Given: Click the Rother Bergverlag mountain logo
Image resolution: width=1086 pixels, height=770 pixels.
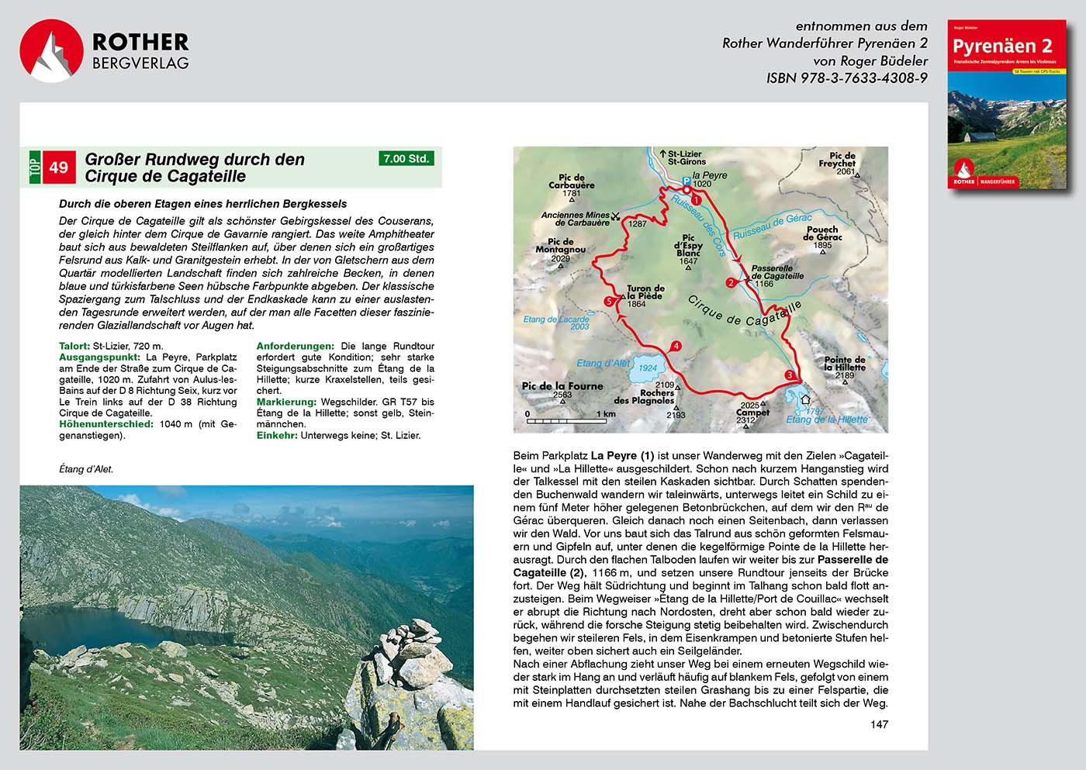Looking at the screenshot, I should tap(51, 51).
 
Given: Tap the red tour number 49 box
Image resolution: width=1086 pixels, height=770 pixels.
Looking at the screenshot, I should tap(59, 167).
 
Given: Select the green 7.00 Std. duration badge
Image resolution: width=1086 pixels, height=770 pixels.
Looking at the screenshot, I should tap(406, 158).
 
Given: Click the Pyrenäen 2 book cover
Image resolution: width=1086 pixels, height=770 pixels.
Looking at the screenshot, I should tap(1007, 104).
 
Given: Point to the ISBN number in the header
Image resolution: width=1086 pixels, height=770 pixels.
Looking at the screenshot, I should tap(846, 78).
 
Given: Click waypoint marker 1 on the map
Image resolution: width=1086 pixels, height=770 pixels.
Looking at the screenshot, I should tap(696, 199).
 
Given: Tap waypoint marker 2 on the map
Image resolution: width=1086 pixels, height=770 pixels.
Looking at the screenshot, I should tap(731, 283).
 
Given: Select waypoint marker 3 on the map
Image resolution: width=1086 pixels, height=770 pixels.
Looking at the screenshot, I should tap(790, 376).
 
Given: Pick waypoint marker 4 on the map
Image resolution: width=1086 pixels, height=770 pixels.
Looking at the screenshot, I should tap(676, 347).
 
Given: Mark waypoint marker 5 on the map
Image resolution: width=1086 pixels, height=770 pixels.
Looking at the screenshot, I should tap(609, 302).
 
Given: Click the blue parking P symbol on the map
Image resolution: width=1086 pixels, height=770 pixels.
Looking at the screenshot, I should tap(686, 181).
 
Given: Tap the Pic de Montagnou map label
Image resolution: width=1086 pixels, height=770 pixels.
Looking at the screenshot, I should tap(560, 246).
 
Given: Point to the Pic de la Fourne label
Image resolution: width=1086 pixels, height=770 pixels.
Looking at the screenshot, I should tap(562, 386).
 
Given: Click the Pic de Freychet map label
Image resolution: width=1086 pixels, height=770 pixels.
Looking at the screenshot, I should tap(839, 161).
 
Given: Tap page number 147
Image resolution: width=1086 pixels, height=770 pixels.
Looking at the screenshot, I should tap(879, 724).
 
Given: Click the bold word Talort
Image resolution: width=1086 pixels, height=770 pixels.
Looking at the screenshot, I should tap(74, 347).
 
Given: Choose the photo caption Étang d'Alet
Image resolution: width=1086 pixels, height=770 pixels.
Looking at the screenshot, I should tap(86, 469).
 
